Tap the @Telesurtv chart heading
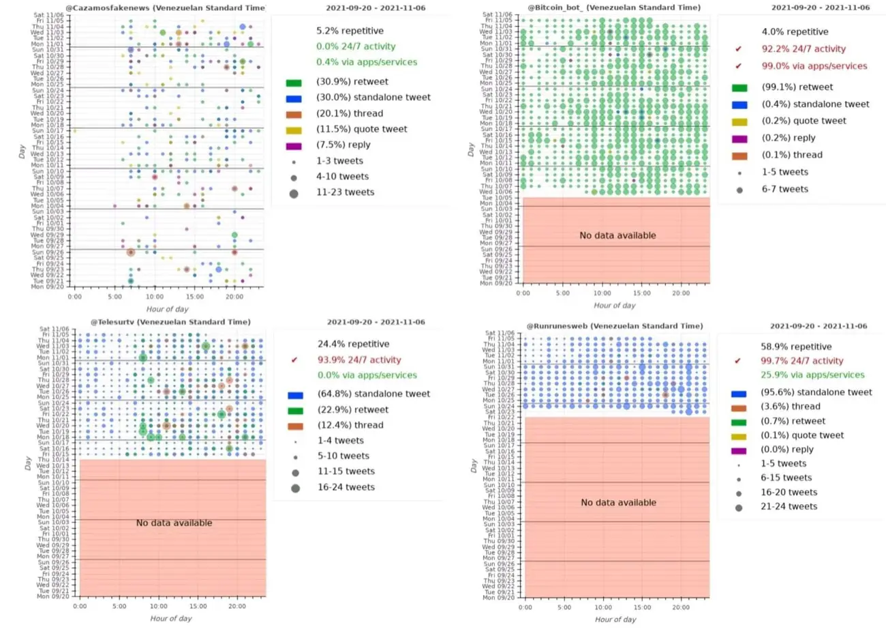point(170,322)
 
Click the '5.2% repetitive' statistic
point(350,31)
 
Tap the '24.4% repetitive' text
point(353,344)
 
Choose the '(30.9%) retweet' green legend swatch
point(294,82)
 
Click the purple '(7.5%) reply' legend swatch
point(294,145)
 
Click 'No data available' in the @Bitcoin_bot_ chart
point(617,235)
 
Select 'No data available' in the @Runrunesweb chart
point(619,503)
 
